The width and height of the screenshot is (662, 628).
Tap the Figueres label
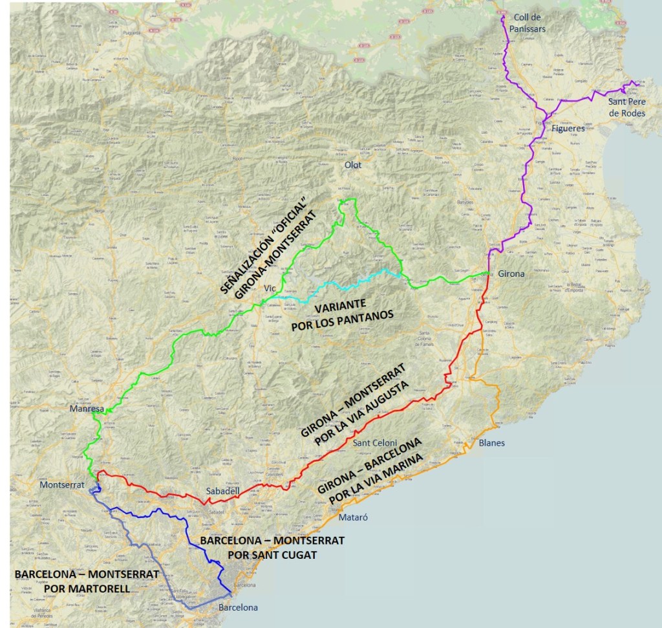point(568,128)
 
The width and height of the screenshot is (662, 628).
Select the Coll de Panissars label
point(529,23)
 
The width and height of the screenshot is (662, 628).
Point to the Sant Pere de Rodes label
point(626,107)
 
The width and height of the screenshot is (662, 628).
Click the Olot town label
point(353,165)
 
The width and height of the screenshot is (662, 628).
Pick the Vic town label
point(270,289)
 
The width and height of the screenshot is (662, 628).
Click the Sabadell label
point(222,491)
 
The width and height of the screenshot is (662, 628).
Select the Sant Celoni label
point(375,443)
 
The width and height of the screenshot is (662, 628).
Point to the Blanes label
point(491,443)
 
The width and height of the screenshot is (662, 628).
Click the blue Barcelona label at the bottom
point(238,607)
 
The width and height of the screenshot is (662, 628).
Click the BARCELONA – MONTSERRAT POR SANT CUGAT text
point(272,547)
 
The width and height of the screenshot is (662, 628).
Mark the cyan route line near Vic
point(336,285)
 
